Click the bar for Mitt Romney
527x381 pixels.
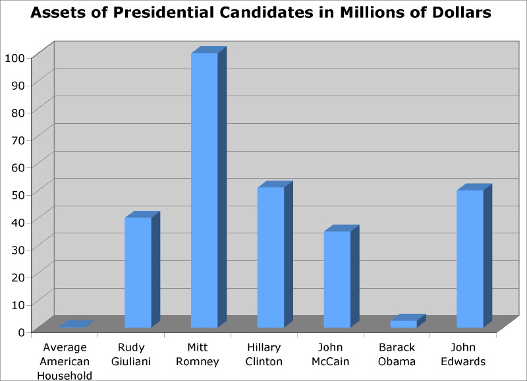coord(204,190)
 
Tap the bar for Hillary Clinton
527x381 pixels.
coord(271,258)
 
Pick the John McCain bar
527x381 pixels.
coord(337,279)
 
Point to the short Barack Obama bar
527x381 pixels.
coord(403,324)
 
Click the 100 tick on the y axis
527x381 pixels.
coord(14,57)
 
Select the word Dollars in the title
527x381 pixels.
coord(462,13)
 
